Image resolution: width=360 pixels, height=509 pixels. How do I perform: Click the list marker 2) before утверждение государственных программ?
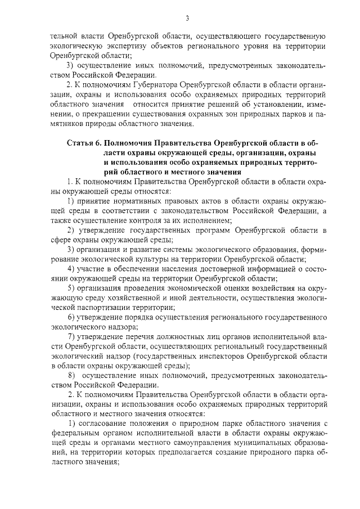coord(71,231)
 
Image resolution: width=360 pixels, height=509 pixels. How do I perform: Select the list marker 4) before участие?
coord(71,269)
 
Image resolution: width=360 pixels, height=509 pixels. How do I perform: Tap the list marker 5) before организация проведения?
coord(71,288)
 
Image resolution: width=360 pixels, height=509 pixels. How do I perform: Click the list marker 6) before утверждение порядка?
coord(71,317)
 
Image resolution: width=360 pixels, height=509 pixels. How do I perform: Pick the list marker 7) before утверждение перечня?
coord(71,336)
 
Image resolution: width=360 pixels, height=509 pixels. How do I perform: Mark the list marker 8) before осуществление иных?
coord(71,375)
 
